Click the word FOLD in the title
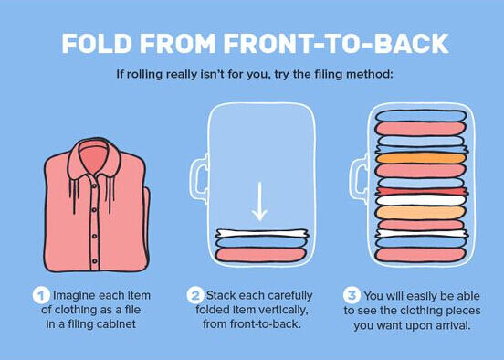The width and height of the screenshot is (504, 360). pos(97,43)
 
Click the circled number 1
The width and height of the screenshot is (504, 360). pos(41,295)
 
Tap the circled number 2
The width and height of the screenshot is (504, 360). pos(195,295)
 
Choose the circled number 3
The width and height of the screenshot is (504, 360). pos(352,295)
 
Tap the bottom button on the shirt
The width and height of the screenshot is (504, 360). pos(95,261)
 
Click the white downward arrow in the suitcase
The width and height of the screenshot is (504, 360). pos(259,201)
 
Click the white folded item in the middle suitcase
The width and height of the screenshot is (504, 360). pos(262,233)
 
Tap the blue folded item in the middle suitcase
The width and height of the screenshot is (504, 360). pos(260,242)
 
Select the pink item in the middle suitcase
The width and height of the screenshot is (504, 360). pos(260,255)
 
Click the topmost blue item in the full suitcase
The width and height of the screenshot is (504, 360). pos(421,116)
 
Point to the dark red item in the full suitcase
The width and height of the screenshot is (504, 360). pos(422,192)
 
